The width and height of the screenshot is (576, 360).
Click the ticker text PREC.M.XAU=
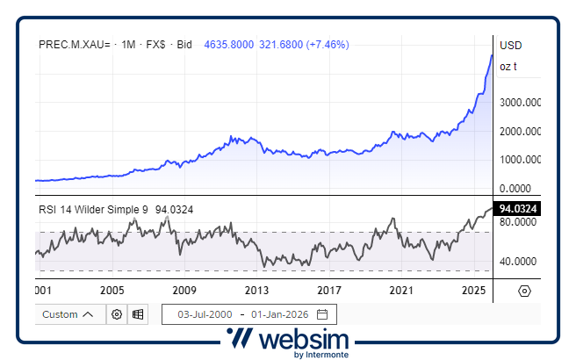point(75,43)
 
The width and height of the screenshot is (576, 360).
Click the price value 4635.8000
point(228,43)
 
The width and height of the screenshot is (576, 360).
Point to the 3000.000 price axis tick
point(520,103)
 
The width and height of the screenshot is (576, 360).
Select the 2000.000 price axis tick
point(520,132)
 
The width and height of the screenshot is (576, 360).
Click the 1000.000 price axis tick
point(520,160)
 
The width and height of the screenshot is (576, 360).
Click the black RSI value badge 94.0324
point(518,209)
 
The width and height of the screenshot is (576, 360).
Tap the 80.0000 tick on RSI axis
point(518,223)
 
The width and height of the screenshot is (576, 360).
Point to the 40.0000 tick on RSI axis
point(518,262)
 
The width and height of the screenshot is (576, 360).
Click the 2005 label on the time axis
point(111,290)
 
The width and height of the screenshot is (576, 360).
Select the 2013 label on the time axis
point(256,290)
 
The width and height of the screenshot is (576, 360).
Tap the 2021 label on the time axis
point(401,290)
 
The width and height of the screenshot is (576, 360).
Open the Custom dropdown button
point(68,314)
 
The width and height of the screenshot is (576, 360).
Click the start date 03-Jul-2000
point(205,314)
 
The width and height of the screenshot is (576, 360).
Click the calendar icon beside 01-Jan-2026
point(322,314)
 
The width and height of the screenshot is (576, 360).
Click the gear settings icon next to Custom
point(116,314)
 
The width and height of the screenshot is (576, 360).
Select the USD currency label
point(510,45)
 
